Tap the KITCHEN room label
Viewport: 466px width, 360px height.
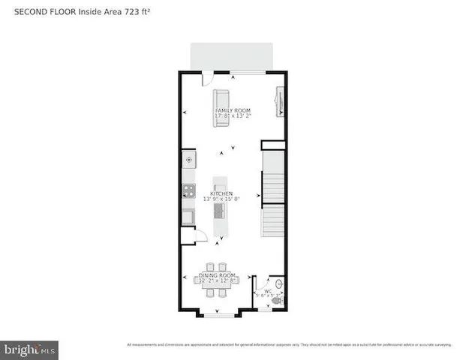tap(221, 193)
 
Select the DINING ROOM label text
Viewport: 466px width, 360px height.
tap(217, 276)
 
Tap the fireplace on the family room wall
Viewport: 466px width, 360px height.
tap(281, 101)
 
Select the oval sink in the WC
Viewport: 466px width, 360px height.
tap(279, 284)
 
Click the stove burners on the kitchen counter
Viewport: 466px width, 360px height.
tap(188, 190)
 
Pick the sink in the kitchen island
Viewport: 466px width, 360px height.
tap(220, 211)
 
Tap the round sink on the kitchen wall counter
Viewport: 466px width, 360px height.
tap(188, 160)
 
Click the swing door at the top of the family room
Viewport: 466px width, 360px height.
tap(207, 78)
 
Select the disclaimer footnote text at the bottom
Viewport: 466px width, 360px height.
tap(288, 345)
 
